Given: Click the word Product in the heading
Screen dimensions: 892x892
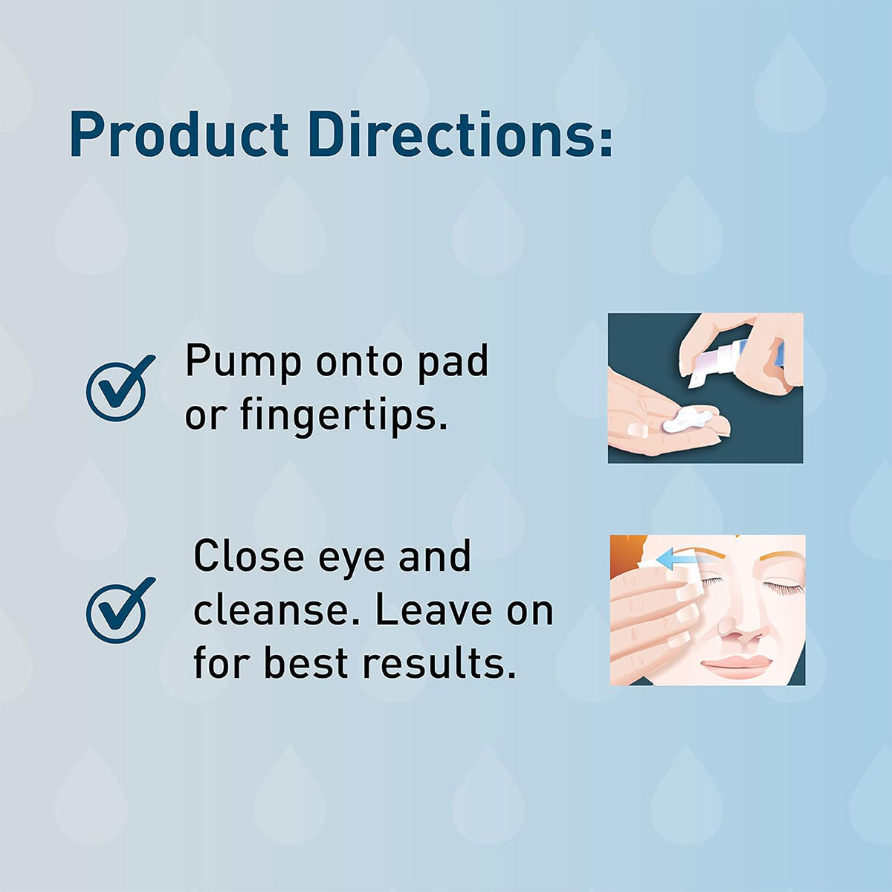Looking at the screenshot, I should pos(178,135).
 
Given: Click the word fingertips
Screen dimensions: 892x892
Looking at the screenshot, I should pos(343,416).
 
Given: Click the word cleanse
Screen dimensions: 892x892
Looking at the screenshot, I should pos(277,610).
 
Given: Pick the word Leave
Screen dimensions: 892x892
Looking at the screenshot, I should pos(433,610).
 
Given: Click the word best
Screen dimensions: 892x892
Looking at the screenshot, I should pos(307,663).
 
